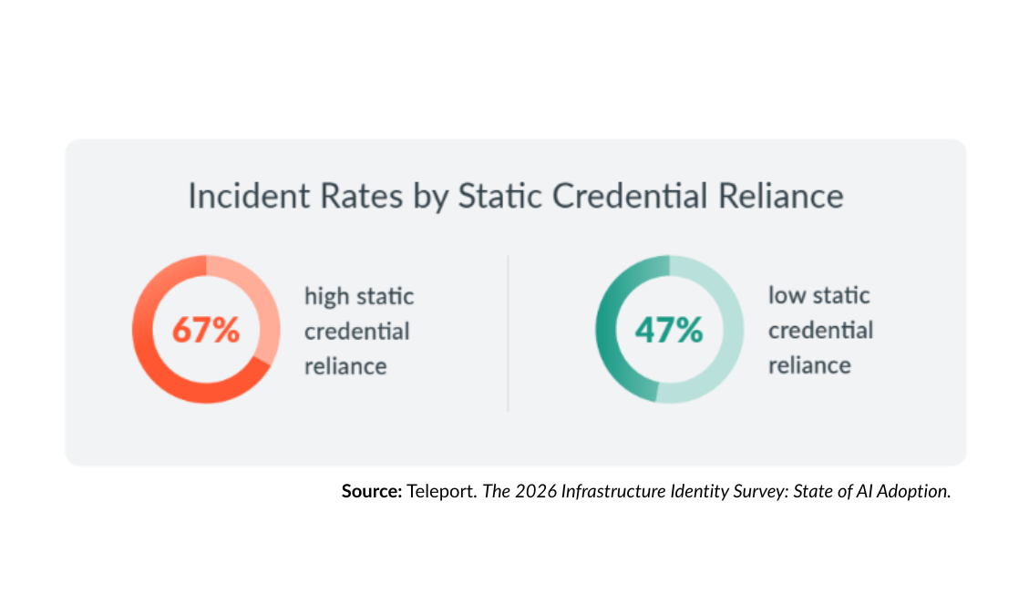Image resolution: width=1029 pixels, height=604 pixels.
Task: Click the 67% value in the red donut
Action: click(x=206, y=330)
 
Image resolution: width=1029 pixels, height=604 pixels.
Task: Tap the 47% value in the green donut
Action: click(x=669, y=330)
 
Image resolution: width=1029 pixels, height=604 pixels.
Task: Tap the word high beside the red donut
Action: click(x=327, y=297)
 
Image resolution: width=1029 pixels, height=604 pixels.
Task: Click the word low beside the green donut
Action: click(x=787, y=295)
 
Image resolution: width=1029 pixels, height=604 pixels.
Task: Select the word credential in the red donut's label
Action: click(x=356, y=331)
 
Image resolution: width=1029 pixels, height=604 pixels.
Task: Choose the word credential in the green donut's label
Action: click(x=820, y=330)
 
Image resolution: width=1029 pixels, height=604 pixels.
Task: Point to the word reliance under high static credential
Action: click(x=345, y=365)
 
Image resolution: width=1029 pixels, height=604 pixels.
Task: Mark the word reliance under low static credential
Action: click(x=809, y=365)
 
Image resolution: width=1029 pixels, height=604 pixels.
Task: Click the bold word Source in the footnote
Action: click(x=371, y=491)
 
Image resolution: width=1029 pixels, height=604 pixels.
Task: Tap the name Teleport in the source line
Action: click(x=441, y=491)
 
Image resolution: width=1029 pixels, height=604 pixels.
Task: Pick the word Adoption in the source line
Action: click(x=916, y=491)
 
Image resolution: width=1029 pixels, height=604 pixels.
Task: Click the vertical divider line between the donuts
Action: click(x=508, y=333)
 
